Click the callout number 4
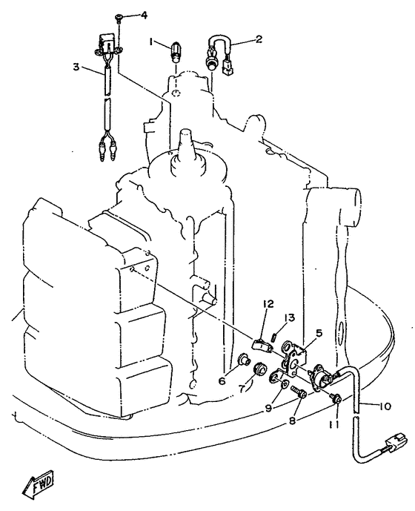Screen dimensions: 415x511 [x=143, y=16]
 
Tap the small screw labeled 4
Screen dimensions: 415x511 [x=119, y=19]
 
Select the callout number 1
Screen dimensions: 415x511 [x=151, y=42]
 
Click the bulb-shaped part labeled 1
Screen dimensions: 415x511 [x=175, y=52]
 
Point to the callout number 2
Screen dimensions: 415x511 [x=259, y=39]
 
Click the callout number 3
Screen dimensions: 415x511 [x=76, y=67]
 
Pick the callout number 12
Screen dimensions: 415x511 [x=269, y=304]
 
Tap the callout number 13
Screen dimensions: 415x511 [x=289, y=317]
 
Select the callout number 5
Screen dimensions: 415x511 [x=319, y=333]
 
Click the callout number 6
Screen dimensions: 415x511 [x=222, y=380]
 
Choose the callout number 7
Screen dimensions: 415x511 [x=242, y=389]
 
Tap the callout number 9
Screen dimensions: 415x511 [x=269, y=409]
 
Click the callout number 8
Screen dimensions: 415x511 [x=292, y=421]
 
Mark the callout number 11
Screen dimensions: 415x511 [x=335, y=425]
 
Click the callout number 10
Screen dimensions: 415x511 [x=385, y=406]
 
